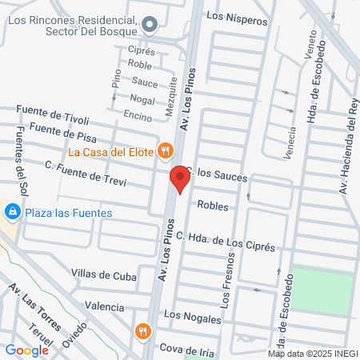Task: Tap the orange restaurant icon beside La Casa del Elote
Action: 166,150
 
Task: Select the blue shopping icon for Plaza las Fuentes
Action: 12,213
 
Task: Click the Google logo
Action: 26,350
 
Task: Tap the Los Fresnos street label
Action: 226,286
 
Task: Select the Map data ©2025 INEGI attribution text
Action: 313,353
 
